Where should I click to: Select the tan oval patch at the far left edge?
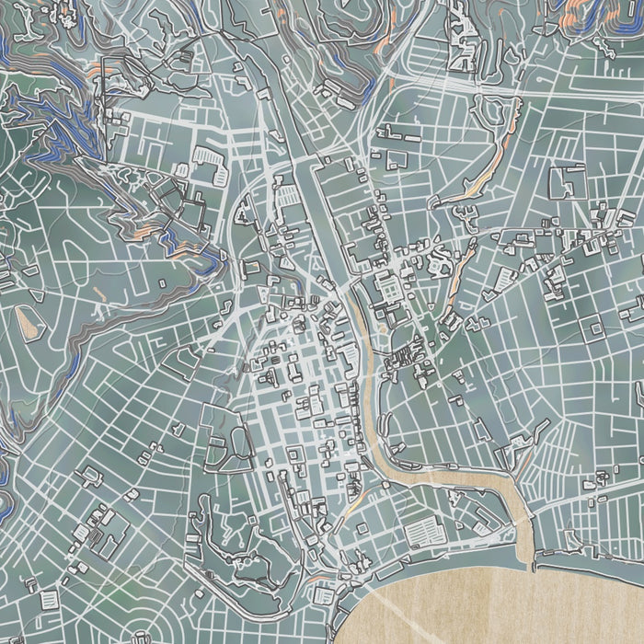[27, 319]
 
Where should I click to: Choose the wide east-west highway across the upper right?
[460, 83]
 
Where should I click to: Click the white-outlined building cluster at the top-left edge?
[64, 13]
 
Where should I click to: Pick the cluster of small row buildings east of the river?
[405, 359]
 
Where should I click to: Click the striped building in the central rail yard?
[288, 195]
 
